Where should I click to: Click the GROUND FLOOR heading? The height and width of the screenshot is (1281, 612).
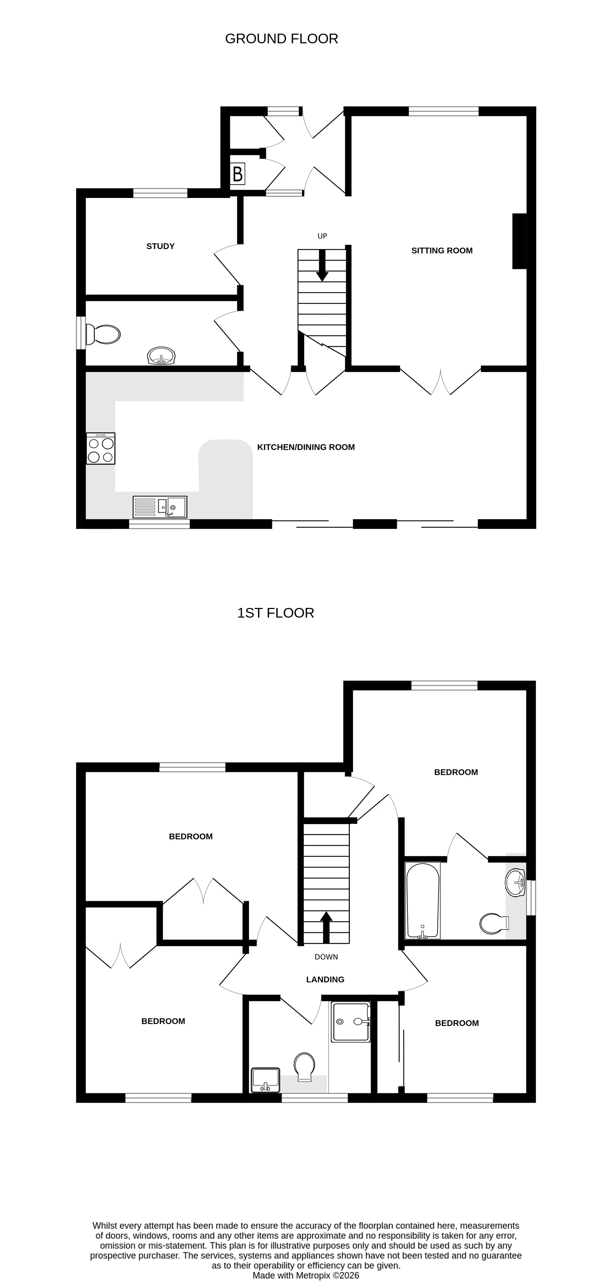281,39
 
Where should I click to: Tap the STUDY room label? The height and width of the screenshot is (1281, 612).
160,246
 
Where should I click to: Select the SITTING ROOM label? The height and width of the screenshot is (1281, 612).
441,251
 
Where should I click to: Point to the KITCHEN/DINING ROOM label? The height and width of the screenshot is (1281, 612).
306,447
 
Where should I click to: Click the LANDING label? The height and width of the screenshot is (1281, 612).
325,979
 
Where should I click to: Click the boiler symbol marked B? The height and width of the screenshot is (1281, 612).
237,174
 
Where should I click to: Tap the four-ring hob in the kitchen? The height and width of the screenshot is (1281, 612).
101,449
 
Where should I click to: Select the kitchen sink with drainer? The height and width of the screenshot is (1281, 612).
160,507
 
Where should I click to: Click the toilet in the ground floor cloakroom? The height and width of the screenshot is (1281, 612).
104,334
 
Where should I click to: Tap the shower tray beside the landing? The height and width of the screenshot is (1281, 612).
351,1021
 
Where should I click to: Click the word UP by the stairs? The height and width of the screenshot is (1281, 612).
322,236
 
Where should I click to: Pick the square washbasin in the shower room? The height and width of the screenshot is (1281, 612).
265,1079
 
